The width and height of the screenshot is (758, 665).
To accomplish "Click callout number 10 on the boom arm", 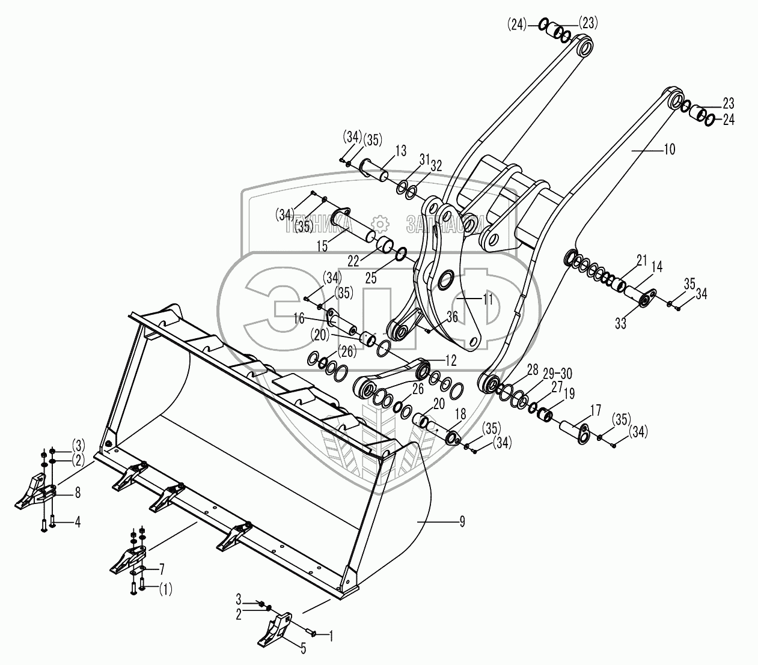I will (x=668, y=150).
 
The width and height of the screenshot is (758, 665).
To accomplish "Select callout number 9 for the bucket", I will (x=462, y=521).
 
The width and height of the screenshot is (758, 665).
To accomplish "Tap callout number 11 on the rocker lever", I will (x=488, y=298).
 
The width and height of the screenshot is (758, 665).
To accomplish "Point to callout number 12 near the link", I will (x=450, y=360).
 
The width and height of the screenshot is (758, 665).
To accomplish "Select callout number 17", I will (x=596, y=411).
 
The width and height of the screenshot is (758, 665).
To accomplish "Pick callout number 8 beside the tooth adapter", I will (x=78, y=493).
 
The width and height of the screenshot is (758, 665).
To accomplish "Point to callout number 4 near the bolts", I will (x=78, y=522).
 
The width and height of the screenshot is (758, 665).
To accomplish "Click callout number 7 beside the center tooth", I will (x=161, y=568).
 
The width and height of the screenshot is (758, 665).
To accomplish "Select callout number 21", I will (x=642, y=260).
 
